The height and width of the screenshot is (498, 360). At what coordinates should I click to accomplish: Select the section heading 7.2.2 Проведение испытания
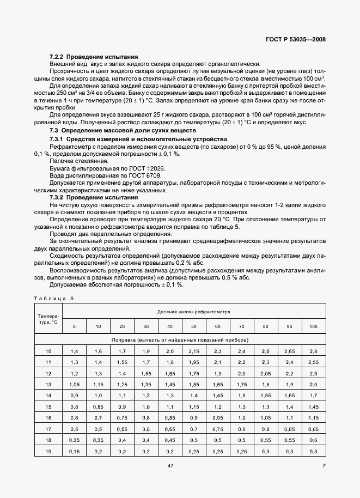(94, 57)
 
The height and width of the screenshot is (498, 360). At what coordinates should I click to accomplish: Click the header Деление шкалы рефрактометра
(194, 312)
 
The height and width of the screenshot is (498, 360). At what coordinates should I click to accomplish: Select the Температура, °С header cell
(48, 319)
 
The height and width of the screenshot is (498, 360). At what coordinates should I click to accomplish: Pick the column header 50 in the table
(193, 326)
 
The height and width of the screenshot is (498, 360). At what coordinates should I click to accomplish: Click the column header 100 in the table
(313, 326)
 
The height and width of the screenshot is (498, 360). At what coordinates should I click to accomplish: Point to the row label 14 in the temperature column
(48, 394)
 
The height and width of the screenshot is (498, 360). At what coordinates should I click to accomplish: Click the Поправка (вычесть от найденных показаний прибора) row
(194, 339)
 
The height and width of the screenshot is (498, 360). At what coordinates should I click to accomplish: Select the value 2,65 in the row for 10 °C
(289, 351)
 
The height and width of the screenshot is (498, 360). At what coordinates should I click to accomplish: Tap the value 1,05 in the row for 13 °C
(75, 384)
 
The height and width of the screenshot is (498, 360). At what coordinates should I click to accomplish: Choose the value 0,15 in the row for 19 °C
(75, 452)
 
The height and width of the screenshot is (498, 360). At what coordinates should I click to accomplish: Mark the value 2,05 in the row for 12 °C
(265, 373)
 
